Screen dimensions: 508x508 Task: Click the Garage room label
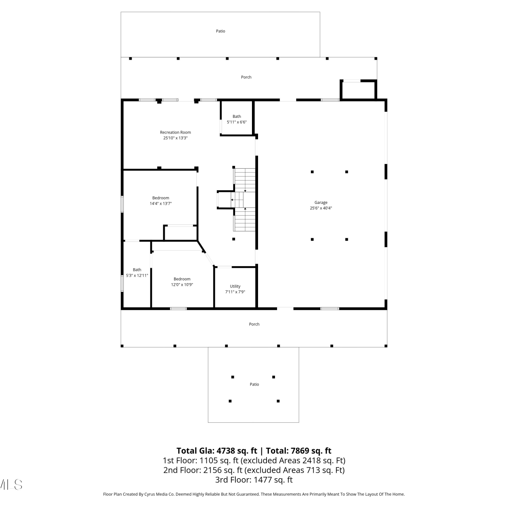point(321,203)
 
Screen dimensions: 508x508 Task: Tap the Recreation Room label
point(175,132)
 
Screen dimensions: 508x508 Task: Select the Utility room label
point(235,286)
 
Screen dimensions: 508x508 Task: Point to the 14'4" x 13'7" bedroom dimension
point(161,204)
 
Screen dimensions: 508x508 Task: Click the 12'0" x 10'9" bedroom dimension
point(182,284)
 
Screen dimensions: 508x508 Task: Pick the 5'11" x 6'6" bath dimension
point(237,122)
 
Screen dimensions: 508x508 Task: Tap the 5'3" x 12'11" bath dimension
point(137,275)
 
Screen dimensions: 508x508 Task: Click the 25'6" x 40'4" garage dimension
point(321,208)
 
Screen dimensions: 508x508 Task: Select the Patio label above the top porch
point(220,31)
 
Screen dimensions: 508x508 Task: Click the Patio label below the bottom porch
point(254,384)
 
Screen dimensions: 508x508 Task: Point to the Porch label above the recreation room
point(246,77)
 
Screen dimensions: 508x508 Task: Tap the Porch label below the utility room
point(254,324)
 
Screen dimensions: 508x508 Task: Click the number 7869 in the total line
point(300,451)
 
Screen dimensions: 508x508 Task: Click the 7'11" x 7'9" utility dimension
point(235,292)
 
